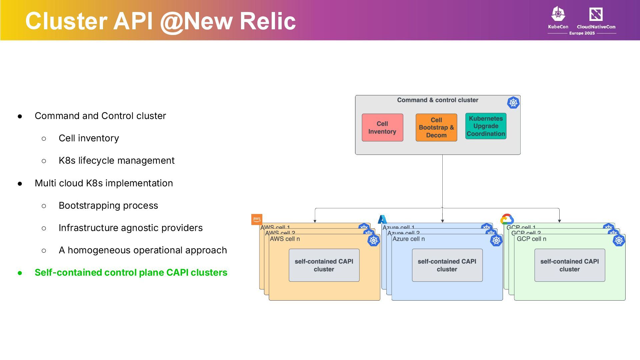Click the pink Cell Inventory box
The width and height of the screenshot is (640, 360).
pyautogui.click(x=382, y=128)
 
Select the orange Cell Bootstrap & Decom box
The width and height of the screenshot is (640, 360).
pyautogui.click(x=436, y=128)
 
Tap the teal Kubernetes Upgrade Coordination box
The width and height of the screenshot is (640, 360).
pyautogui.click(x=486, y=126)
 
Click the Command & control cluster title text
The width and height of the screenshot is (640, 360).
pyautogui.click(x=437, y=100)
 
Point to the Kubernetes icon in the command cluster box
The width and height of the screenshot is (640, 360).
pyautogui.click(x=513, y=103)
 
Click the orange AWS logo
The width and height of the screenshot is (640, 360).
pyautogui.click(x=257, y=219)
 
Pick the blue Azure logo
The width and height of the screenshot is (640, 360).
pyautogui.click(x=382, y=219)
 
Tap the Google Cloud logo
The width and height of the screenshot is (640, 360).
pyautogui.click(x=507, y=219)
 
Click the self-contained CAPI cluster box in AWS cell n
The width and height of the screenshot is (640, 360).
pyautogui.click(x=324, y=265)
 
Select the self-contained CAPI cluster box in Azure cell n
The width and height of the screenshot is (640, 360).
pyautogui.click(x=447, y=265)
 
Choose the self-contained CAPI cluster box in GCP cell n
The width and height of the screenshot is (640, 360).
pyautogui.click(x=569, y=265)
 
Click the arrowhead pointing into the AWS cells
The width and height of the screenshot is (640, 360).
pyautogui.click(x=315, y=221)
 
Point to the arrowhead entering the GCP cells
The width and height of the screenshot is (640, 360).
pyautogui.click(x=559, y=221)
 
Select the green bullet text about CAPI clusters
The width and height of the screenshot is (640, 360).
pyautogui.click(x=131, y=273)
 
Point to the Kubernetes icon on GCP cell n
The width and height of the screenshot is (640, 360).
pyautogui.click(x=619, y=240)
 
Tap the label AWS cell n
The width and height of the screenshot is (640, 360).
pyautogui.click(x=285, y=239)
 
